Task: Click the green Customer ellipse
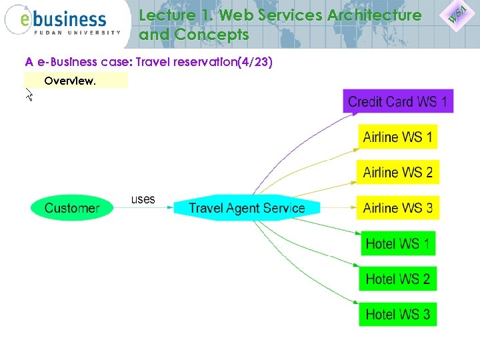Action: pyautogui.click(x=72, y=207)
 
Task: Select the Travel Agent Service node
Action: pyautogui.click(x=247, y=207)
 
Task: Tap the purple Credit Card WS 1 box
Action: pyautogui.click(x=397, y=102)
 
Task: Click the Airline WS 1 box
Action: pyautogui.click(x=397, y=137)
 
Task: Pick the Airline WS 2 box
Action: pyautogui.click(x=397, y=172)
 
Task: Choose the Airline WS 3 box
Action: pyautogui.click(x=397, y=207)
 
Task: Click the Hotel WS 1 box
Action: pyautogui.click(x=397, y=243)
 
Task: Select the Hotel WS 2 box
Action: pyautogui.click(x=397, y=278)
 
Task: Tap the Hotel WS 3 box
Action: pyautogui.click(x=397, y=313)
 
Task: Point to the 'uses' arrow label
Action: pyautogui.click(x=143, y=199)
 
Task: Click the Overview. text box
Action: pyautogui.click(x=75, y=81)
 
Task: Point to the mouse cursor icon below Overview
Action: pyautogui.click(x=29, y=96)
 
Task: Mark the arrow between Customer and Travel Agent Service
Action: pyautogui.click(x=143, y=207)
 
